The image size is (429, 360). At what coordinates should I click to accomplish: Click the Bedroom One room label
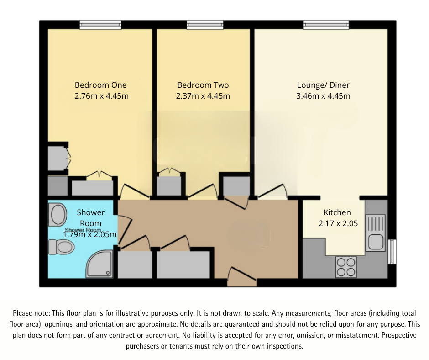[100, 85]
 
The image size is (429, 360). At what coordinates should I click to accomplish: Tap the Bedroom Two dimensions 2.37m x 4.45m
[203, 96]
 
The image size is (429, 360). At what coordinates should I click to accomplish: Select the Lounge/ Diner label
[323, 85]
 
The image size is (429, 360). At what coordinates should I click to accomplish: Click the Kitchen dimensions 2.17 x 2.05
[337, 223]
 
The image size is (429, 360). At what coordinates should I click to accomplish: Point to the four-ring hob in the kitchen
[345, 267]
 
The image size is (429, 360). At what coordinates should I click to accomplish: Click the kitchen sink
[376, 233]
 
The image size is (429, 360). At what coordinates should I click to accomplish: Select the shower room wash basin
[58, 214]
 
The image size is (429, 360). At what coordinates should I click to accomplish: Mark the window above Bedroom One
[100, 25]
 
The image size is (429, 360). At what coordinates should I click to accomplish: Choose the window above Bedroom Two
[205, 25]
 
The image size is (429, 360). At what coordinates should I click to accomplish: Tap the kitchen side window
[391, 251]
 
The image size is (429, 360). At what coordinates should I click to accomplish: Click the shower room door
[125, 224]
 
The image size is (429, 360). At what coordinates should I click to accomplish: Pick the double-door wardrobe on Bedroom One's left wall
[58, 158]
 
